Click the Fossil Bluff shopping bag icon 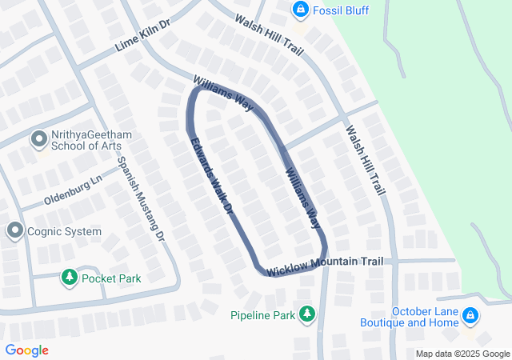(301, 10)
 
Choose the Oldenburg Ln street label (74, 188)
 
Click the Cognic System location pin (14, 231)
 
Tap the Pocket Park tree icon (70, 278)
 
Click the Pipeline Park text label (263, 315)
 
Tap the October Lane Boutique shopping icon (470, 316)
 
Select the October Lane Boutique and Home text (426, 317)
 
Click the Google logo (27, 350)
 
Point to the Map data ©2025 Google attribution (462, 354)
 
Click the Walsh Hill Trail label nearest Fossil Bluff (270, 34)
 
